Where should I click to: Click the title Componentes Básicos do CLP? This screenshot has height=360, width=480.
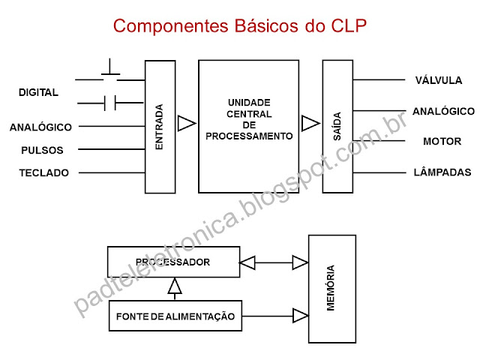pos(240,28)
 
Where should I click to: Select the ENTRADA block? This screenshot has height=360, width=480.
pos(159,126)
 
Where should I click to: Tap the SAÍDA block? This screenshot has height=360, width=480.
pos(337,126)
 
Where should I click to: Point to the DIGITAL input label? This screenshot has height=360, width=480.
pos(38,92)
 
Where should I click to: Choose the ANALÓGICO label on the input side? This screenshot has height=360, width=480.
pos(40,127)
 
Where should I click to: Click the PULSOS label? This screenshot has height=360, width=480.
pos(42,150)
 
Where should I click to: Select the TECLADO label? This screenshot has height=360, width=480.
pos(43,172)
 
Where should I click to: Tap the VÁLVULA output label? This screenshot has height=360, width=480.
pos(438,80)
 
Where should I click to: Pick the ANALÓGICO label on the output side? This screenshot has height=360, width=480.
pos(443,111)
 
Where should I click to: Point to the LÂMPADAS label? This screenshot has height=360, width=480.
pos(442,172)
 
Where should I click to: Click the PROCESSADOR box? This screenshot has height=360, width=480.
pos(172,262)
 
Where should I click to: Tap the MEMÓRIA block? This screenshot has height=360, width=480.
pos(331,288)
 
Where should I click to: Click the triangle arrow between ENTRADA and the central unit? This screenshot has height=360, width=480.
pos(186,122)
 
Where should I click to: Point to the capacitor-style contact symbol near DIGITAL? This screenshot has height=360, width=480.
pos(110,102)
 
